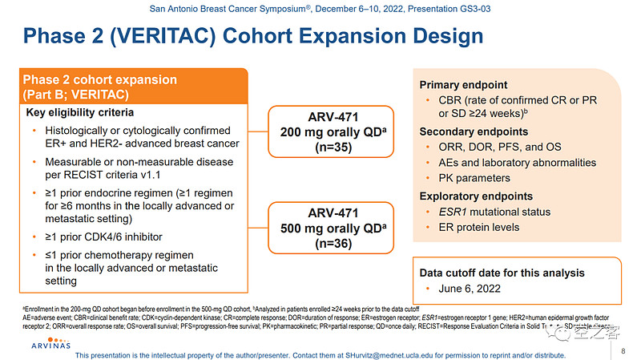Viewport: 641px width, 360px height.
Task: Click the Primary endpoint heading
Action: (463, 86)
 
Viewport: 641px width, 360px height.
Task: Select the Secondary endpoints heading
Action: (474, 131)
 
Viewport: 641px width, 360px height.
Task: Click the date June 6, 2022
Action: (469, 289)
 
